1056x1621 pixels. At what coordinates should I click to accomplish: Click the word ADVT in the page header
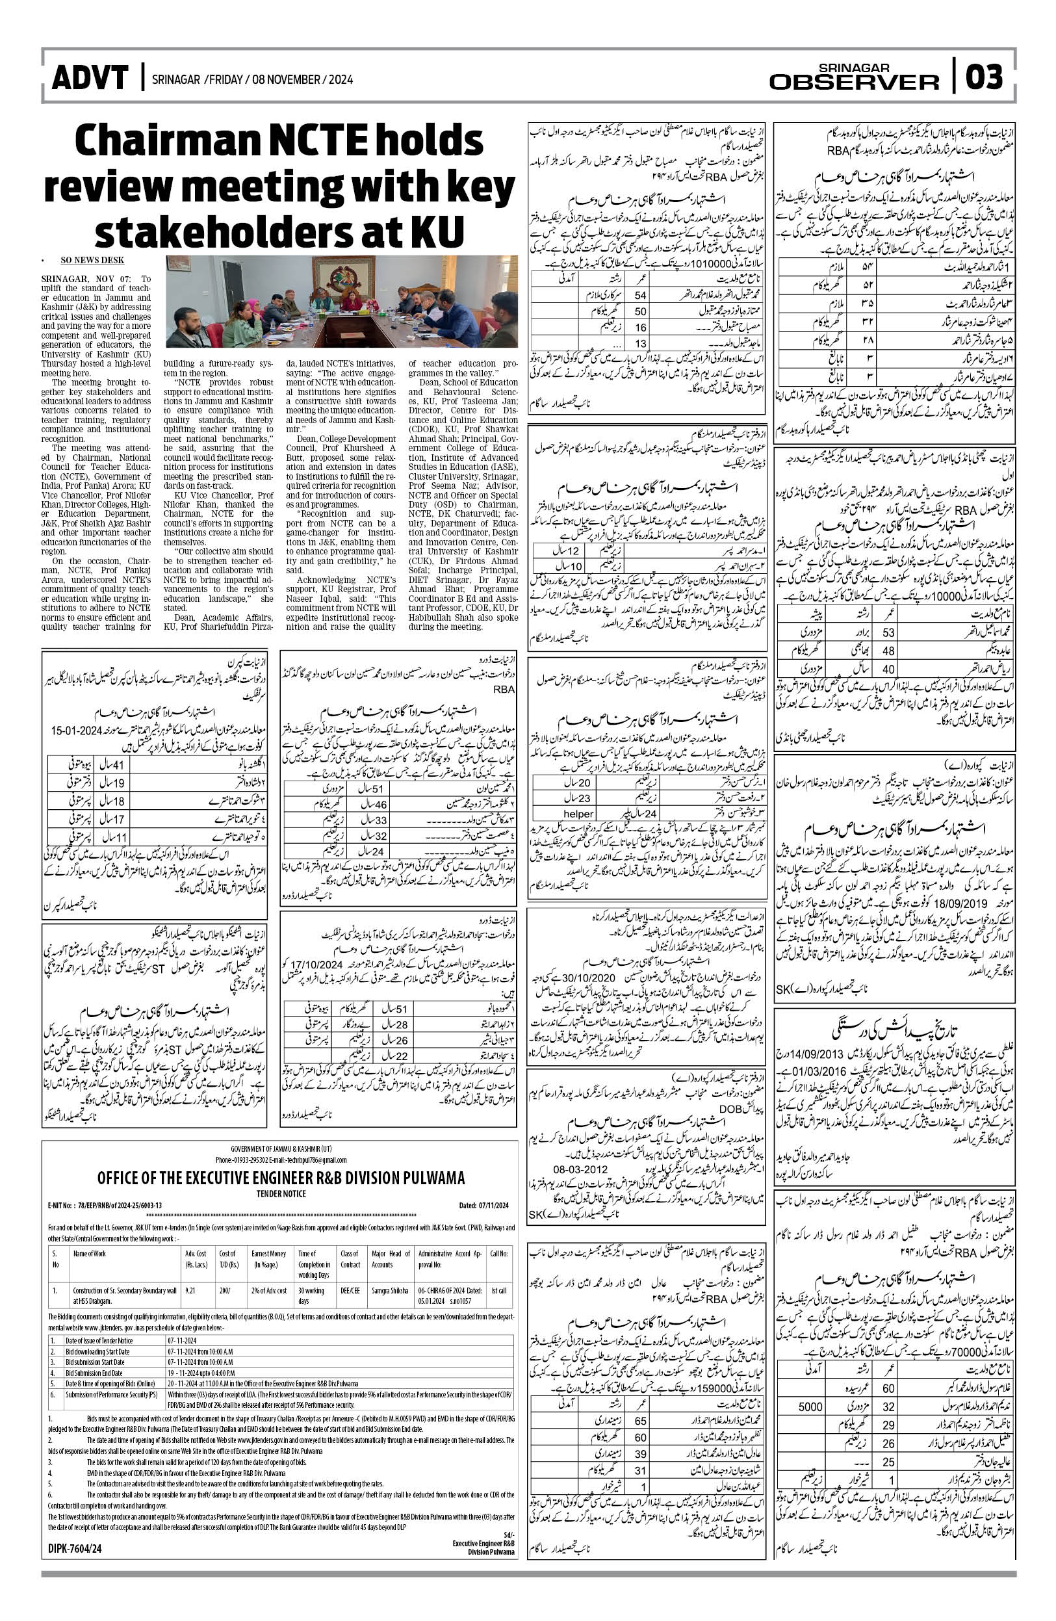(90, 79)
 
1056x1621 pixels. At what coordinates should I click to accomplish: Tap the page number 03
(984, 77)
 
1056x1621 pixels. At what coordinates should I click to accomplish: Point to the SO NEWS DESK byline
(92, 259)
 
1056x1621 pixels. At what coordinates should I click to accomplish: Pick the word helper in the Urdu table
(578, 814)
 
